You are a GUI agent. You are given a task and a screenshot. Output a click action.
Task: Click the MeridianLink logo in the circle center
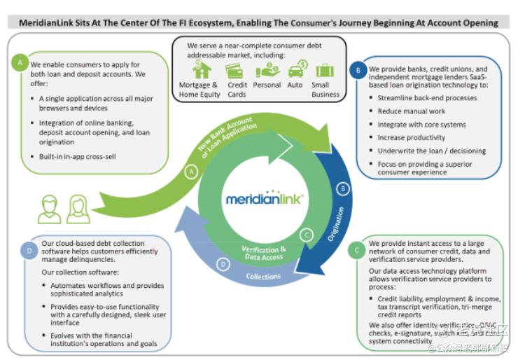click(265, 199)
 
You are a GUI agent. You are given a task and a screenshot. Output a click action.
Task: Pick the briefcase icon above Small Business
click(325, 70)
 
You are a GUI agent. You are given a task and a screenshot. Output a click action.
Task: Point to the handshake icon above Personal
click(267, 70)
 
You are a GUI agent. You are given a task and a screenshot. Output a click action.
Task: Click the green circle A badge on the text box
click(20, 64)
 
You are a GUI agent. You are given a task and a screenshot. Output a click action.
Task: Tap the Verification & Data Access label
click(265, 253)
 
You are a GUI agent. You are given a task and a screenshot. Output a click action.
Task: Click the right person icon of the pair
click(78, 209)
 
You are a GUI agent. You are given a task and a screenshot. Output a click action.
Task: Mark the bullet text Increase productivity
click(411, 138)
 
